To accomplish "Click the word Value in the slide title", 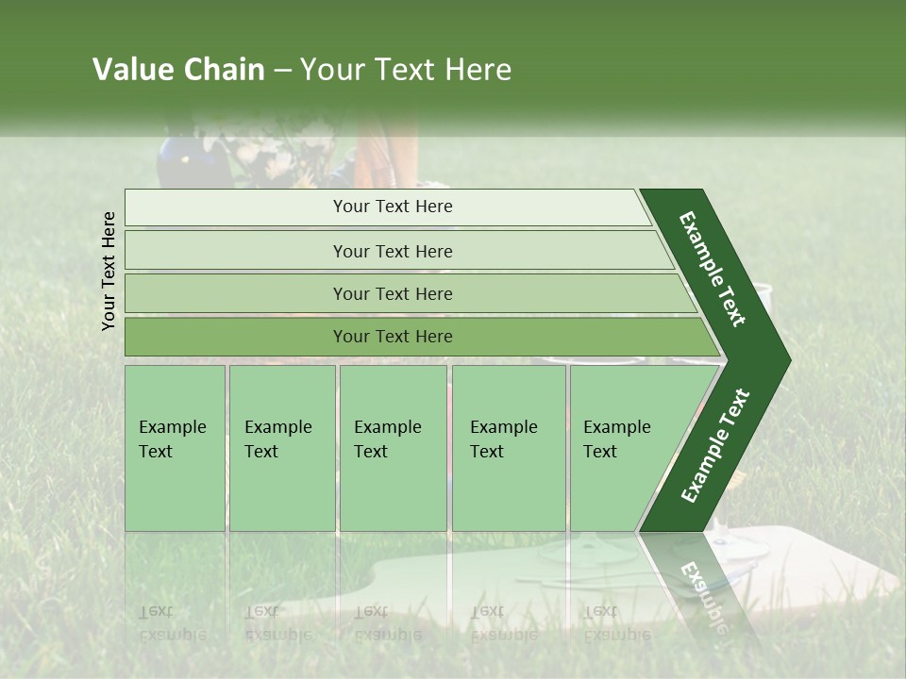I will (131, 70).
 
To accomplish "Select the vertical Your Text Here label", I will (109, 271).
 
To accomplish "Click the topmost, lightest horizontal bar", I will (387, 207).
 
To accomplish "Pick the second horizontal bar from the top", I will (393, 251).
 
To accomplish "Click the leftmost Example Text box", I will (175, 448).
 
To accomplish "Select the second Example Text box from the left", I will (281, 448).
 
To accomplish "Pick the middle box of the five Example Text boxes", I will (393, 448).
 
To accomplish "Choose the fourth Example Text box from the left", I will (508, 448).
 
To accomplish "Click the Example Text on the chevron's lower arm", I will (715, 445).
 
